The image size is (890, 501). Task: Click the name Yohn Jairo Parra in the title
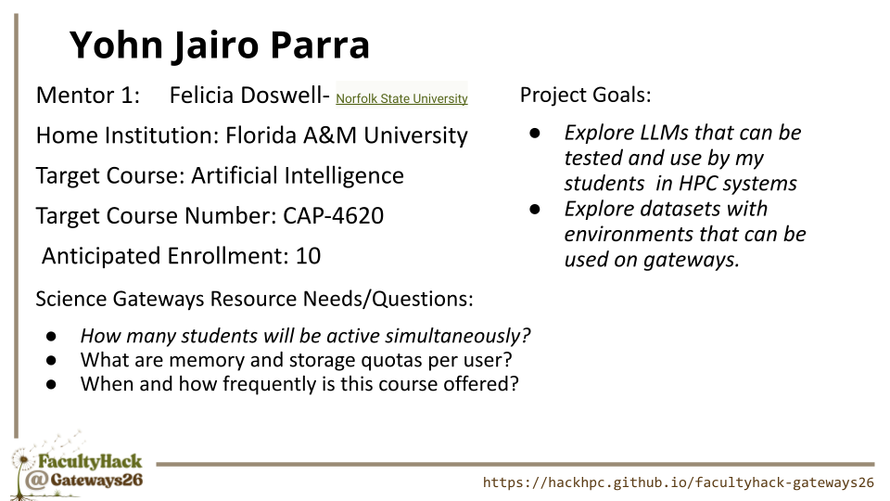[219, 45]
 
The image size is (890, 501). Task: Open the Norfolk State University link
[401, 98]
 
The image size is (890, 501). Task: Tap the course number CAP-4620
[333, 216]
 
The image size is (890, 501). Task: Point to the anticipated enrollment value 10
[308, 256]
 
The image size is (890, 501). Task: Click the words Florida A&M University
[346, 135]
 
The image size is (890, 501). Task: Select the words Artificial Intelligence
[298, 176]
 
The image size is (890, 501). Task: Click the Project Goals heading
[585, 96]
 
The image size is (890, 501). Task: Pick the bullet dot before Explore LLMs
[535, 134]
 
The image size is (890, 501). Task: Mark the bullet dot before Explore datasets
[535, 210]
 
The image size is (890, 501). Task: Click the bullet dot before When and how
[51, 384]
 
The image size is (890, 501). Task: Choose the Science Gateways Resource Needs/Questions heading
[254, 300]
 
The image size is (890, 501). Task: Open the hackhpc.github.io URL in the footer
[679, 482]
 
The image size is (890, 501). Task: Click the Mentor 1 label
[88, 96]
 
